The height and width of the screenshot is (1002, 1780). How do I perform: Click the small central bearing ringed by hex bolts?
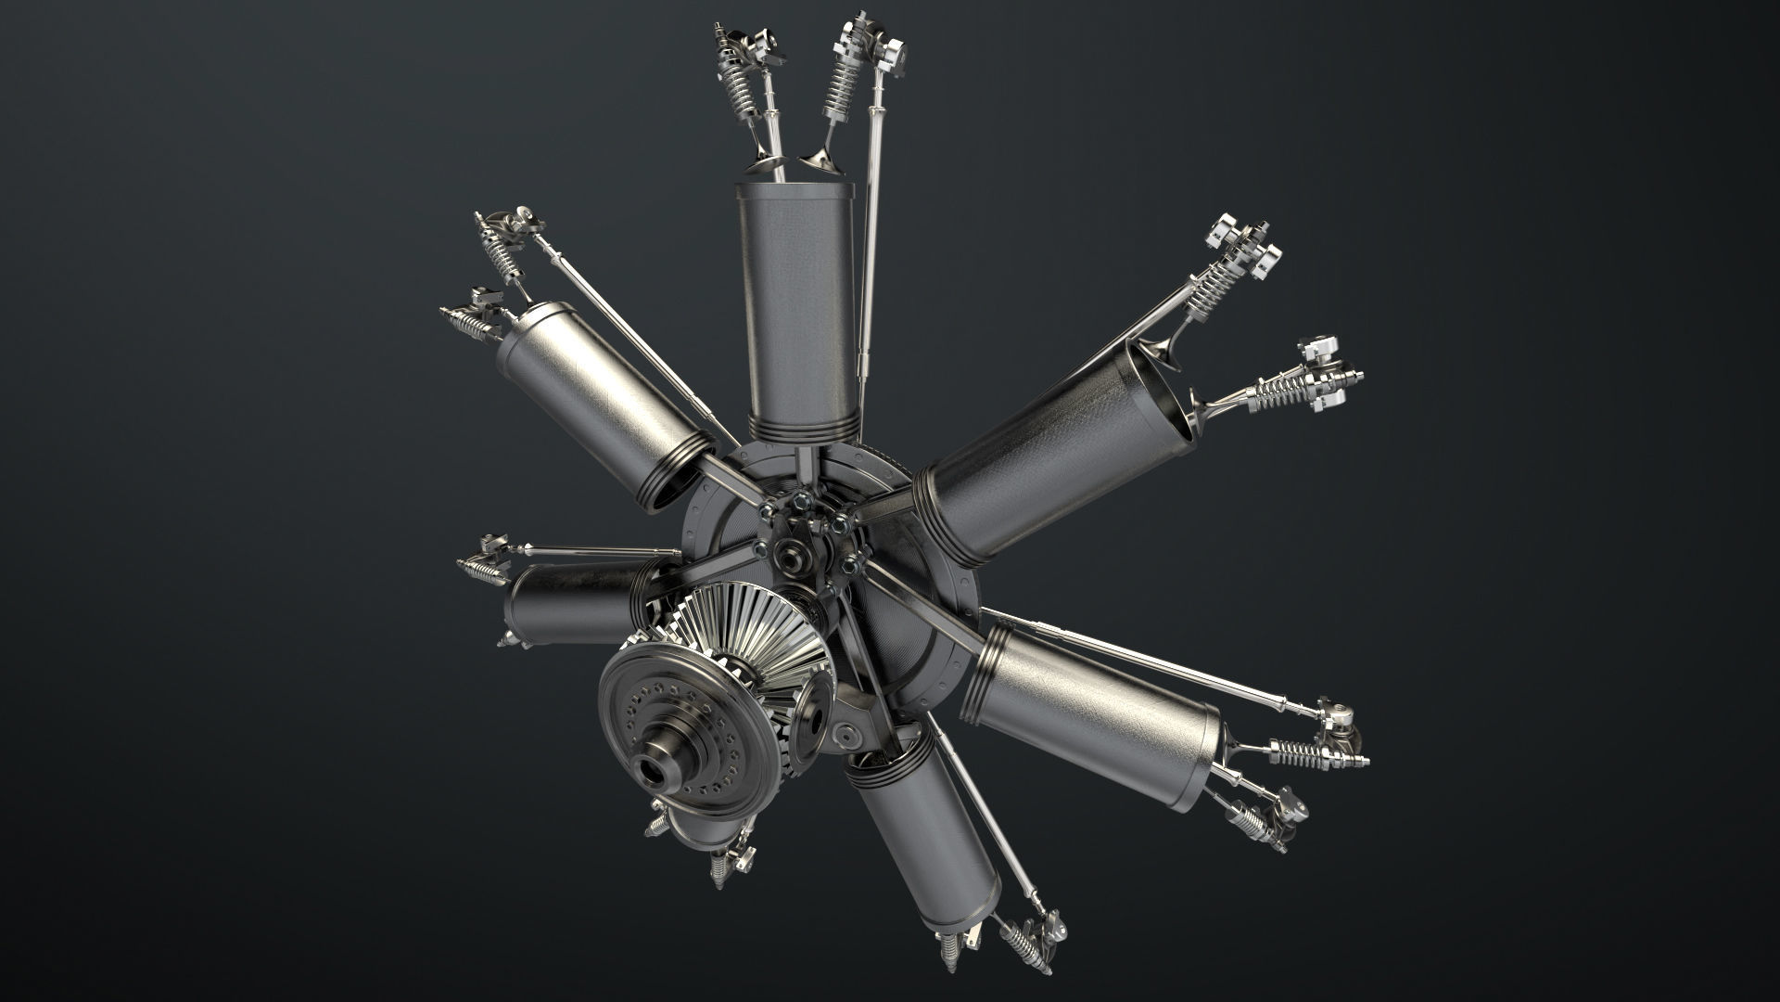click(793, 559)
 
